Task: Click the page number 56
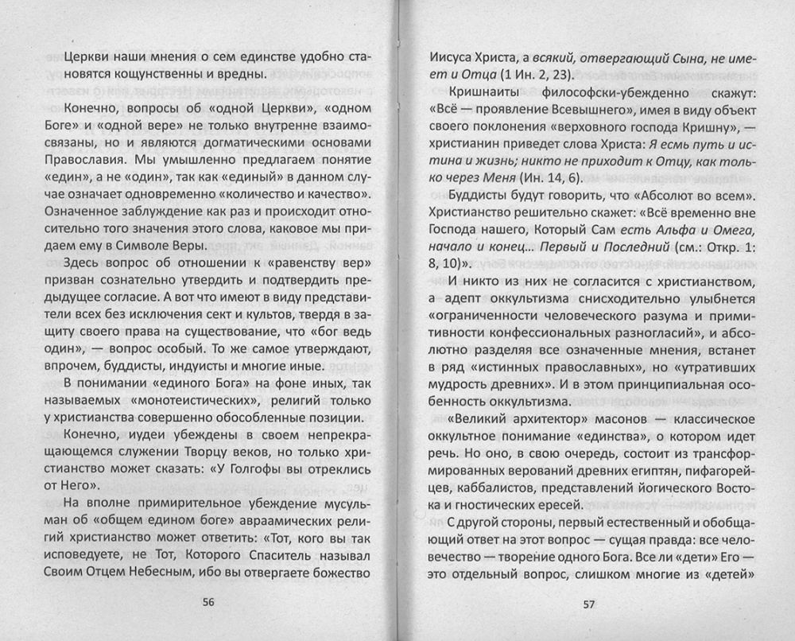(x=210, y=601)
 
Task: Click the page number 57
(x=588, y=602)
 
